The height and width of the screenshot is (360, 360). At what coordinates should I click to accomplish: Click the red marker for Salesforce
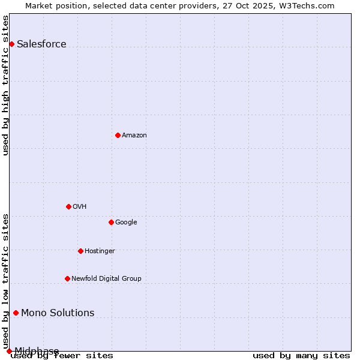[11, 44]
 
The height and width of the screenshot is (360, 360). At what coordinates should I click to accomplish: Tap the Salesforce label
[41, 44]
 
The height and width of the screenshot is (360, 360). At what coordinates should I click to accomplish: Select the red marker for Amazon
[118, 135]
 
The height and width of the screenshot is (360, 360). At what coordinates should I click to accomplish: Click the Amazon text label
[134, 135]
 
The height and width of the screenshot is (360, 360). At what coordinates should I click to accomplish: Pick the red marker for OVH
[68, 206]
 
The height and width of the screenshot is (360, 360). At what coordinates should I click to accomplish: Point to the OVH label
[80, 206]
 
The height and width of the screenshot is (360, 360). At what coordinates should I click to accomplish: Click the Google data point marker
[111, 222]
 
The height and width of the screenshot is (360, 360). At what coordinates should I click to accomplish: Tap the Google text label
[126, 222]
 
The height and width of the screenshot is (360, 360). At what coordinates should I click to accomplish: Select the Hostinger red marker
[80, 251]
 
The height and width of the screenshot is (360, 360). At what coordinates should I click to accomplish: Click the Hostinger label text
[100, 251]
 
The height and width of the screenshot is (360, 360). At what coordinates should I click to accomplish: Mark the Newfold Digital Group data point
[67, 278]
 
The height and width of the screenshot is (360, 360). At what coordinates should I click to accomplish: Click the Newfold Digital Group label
[106, 278]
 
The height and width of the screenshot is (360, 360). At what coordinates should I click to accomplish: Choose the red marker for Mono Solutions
[16, 313]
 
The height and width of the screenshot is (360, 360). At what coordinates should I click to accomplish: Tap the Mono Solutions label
[58, 313]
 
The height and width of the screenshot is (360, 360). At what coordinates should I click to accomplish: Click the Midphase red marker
[9, 351]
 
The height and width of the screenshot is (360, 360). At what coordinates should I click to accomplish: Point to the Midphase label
[37, 351]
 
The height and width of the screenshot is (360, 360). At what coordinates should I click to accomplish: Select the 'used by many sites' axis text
[301, 355]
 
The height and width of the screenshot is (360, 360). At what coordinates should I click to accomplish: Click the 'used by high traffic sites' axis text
[6, 85]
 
